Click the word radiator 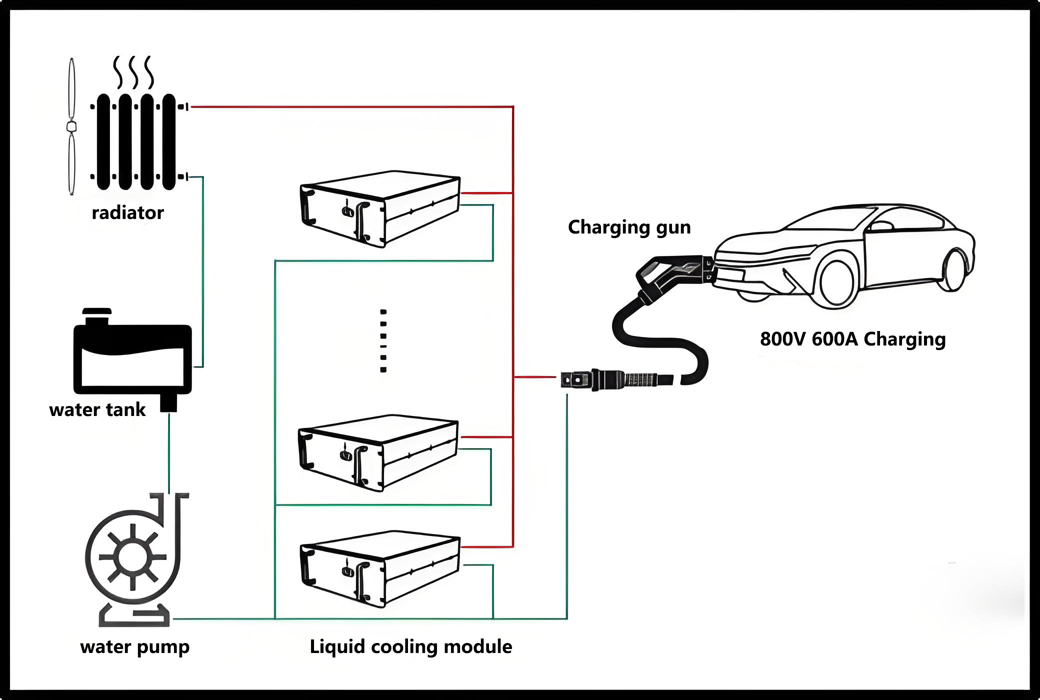(127, 213)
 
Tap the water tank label (97, 410)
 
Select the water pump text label (134, 646)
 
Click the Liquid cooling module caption (410, 646)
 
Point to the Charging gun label (629, 227)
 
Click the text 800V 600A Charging (852, 339)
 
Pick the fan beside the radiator (72, 126)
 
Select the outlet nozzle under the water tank (168, 403)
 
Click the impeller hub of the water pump (132, 556)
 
